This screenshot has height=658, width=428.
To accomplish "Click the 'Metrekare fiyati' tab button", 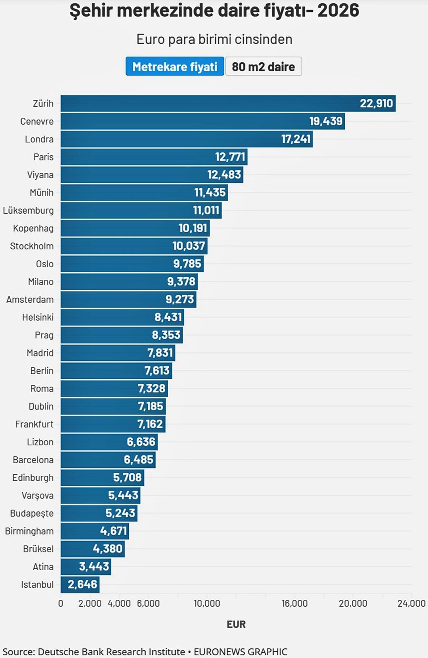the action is point(175,66).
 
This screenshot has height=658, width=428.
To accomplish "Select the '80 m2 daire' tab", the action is point(264,66).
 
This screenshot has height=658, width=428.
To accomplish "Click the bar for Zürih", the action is point(228,103).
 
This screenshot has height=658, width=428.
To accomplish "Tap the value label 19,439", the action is point(326,121).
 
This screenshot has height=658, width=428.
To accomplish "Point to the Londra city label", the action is point(39,139).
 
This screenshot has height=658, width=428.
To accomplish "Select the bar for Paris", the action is point(154,157).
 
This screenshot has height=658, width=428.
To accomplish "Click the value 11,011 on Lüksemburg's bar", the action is point(206,211).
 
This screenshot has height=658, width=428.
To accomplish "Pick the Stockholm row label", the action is point(32,246).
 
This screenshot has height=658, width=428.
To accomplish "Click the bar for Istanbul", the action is point(80,584).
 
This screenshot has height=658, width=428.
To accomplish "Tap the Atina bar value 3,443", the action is point(94,567).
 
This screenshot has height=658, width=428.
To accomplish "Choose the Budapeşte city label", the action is point(32,513).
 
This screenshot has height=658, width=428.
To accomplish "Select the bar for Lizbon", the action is point(109,442).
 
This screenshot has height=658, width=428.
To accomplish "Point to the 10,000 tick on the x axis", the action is point(207,603).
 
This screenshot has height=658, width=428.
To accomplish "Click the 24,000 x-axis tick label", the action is point(412,603).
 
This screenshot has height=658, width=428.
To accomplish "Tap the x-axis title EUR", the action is point(236,624).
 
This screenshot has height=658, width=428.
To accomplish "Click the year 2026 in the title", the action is point(338,10).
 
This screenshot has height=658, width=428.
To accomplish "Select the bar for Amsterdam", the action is point(128,299).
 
